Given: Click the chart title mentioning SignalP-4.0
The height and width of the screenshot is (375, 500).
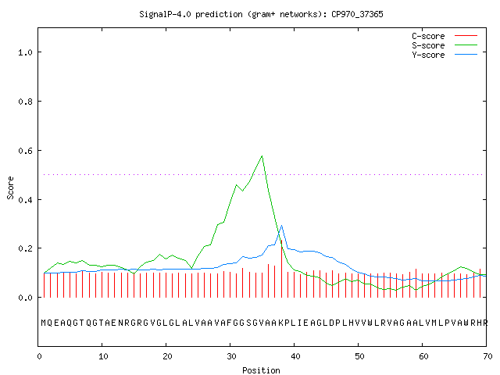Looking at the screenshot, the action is tap(261, 14).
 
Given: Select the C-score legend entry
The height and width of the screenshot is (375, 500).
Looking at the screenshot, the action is tap(445, 36).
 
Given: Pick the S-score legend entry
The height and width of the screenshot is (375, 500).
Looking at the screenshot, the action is tap(445, 45).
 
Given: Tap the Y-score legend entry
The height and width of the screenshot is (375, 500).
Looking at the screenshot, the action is tap(445, 55).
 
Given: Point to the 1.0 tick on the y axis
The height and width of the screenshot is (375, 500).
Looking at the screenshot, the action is tap(25, 52).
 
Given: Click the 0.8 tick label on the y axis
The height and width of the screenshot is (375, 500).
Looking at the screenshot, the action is tap(25, 102).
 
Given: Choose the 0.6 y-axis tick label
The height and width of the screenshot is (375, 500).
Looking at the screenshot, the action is tap(25, 151).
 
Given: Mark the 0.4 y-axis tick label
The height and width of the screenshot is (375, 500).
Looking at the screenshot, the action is tap(25, 200).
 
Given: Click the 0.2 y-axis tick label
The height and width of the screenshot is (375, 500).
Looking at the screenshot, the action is tap(25, 248).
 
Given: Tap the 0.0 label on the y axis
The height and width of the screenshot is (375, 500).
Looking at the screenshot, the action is tap(25, 298).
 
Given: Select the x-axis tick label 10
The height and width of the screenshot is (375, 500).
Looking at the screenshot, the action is tap(103, 356).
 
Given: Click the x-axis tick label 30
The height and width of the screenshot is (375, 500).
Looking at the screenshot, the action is tap(231, 356).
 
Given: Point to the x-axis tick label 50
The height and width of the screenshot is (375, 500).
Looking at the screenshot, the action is tap(359, 356).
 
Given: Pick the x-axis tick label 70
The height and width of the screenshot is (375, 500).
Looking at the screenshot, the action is tap(487, 356).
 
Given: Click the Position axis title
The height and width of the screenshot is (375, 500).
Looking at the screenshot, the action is tap(261, 370).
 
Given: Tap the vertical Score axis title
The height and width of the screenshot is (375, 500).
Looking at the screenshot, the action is tap(10, 187).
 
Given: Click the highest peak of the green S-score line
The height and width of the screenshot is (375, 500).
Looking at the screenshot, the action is tap(262, 156).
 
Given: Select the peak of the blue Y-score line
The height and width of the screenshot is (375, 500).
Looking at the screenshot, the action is tap(281, 226).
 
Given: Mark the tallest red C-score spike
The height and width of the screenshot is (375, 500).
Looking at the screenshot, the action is tap(281, 269).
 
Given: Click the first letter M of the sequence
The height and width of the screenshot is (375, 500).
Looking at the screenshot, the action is tap(44, 323).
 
